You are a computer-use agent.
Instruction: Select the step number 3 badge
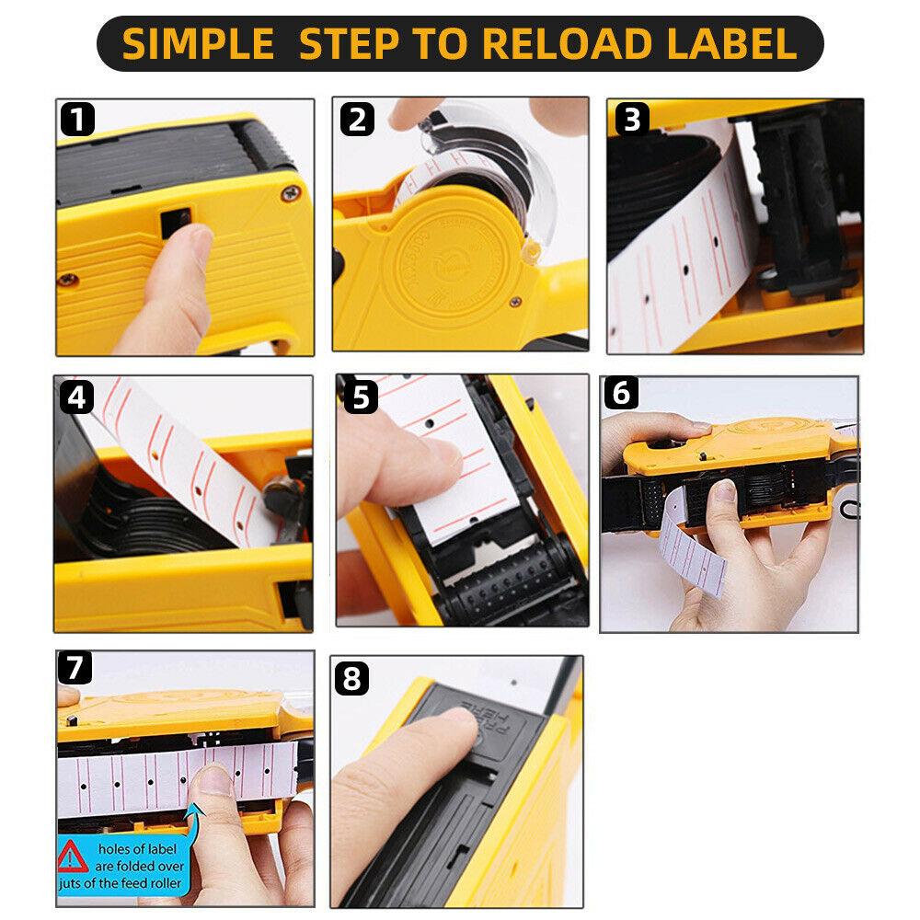631,120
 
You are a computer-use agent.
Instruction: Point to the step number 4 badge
78,397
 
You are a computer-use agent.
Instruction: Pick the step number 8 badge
353,681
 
